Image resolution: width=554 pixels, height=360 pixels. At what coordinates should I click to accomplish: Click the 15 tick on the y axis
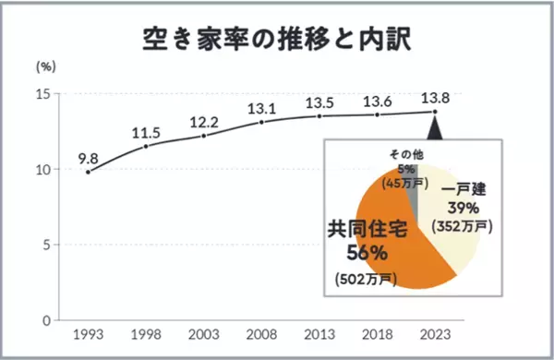pyautogui.click(x=42, y=94)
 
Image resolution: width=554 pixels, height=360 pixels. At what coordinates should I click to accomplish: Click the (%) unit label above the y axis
pyautogui.click(x=45, y=67)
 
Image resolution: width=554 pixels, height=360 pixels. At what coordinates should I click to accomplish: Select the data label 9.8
pyautogui.click(x=88, y=156)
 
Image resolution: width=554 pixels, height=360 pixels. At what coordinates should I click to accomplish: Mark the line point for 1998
pyautogui.click(x=146, y=146)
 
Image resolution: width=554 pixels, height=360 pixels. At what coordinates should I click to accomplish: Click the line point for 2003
pyautogui.click(x=203, y=136)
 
